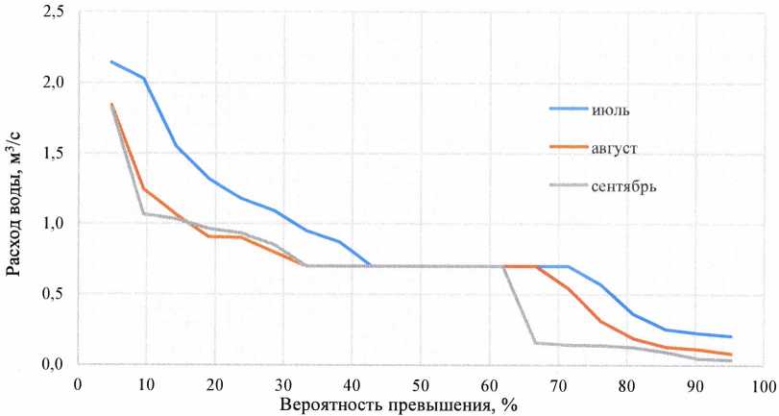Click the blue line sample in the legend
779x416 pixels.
pyautogui.click(x=569, y=109)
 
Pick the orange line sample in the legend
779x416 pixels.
pyautogui.click(x=569, y=147)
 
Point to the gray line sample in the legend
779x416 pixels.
pyautogui.click(x=569, y=185)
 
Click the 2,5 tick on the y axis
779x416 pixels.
pyautogui.click(x=51, y=12)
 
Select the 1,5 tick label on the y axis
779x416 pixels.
pyautogui.click(x=51, y=154)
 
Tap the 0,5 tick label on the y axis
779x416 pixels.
pyautogui.click(x=51, y=294)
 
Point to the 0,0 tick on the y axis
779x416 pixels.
pyautogui.click(x=51, y=364)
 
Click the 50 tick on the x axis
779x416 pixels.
pyautogui.click(x=420, y=385)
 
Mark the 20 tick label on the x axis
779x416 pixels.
pyautogui.click(x=214, y=385)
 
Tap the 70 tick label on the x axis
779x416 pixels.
pyautogui.click(x=557, y=385)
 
